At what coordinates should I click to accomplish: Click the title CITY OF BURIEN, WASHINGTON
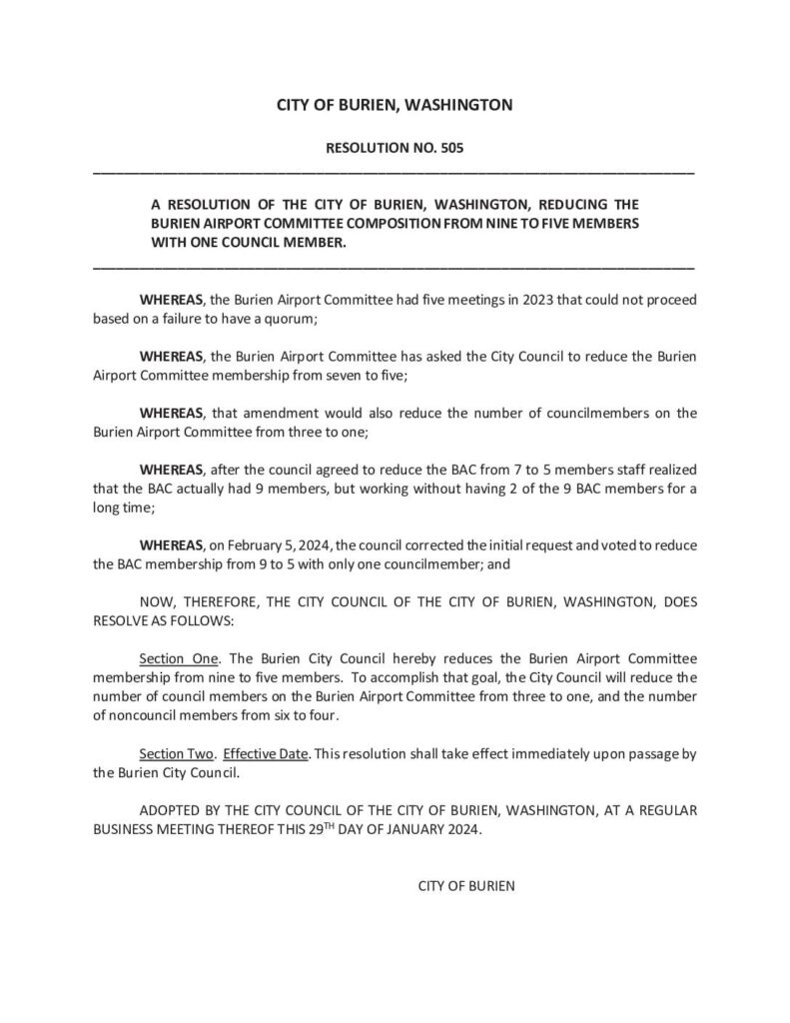(x=394, y=104)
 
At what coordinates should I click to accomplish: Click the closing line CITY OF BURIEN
(x=465, y=885)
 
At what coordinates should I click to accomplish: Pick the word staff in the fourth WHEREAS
(x=597, y=469)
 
